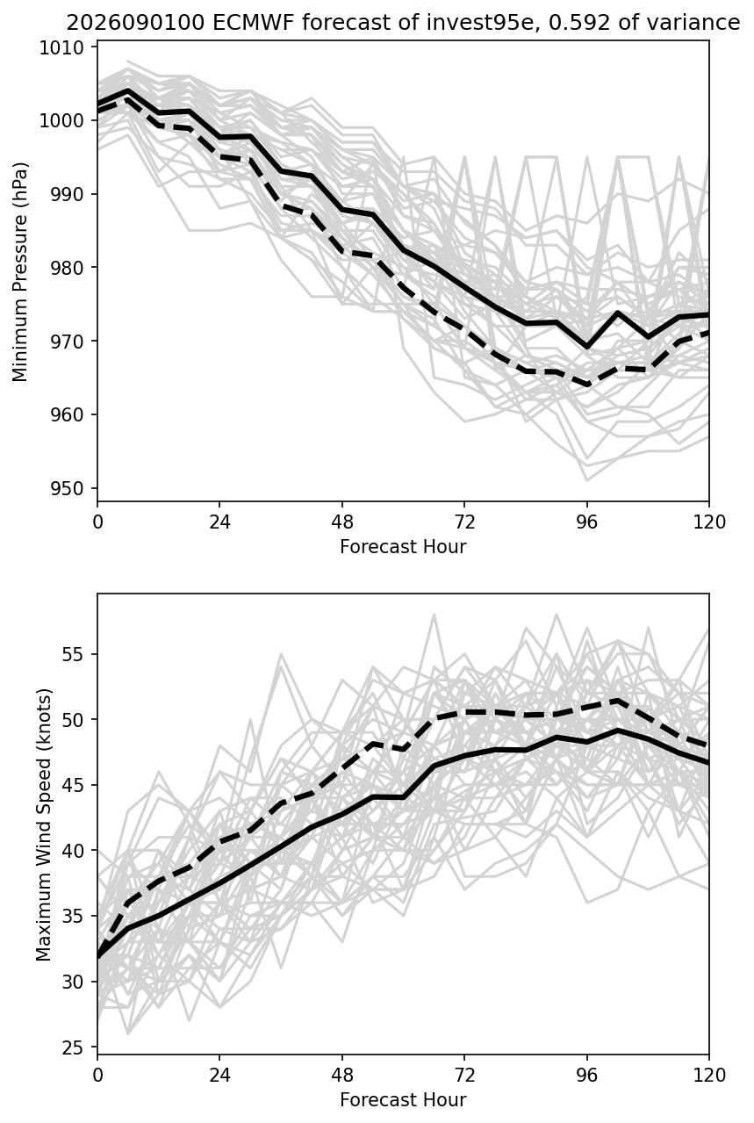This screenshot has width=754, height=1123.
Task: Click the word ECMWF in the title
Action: coord(254,23)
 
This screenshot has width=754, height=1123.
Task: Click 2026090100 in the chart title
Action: coord(135,23)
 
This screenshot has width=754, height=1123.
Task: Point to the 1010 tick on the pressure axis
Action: coord(61,48)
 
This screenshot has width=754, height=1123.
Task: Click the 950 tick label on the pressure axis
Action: coord(67,488)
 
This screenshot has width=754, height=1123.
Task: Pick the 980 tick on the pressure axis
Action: coord(67,268)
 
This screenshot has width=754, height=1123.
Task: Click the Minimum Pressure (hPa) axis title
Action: coord(20,271)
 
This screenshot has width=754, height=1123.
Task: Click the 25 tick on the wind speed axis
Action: coord(72,1047)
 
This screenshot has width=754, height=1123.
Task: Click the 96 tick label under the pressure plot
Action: coord(586,522)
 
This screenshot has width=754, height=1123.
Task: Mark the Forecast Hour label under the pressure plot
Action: coord(403,546)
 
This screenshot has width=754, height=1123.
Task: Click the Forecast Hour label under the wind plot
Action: coord(403,1100)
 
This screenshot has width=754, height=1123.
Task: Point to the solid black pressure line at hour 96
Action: coord(586,347)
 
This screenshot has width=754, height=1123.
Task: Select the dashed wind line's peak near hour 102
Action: coord(618,701)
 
